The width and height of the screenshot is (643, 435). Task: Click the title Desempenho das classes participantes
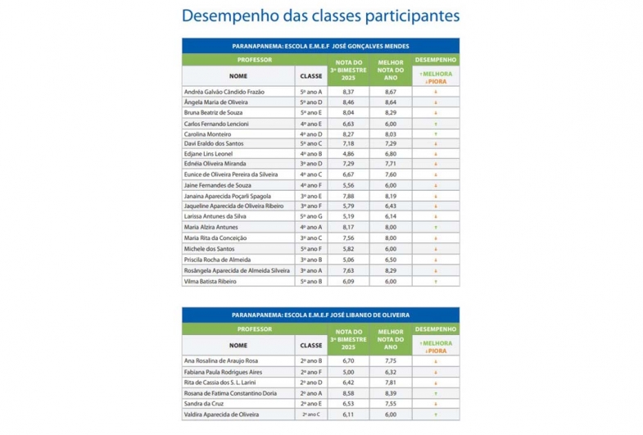(320, 16)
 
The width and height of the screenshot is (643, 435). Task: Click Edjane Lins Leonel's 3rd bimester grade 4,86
(348, 153)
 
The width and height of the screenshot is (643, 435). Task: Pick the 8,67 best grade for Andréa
(390, 92)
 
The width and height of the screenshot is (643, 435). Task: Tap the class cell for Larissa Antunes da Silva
(311, 215)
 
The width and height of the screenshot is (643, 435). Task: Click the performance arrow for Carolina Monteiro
(435, 133)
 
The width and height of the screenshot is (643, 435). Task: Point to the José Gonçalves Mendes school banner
(320, 46)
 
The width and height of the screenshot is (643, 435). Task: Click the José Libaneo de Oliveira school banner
(320, 315)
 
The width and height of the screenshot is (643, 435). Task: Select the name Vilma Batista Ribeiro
(211, 281)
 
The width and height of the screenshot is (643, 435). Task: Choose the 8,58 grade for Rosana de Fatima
(348, 393)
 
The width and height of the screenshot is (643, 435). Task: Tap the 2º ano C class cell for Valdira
(311, 415)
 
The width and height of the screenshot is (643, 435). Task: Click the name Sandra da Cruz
(205, 404)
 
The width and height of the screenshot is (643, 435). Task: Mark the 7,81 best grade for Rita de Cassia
(390, 382)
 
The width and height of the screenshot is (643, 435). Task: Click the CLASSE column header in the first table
(311, 75)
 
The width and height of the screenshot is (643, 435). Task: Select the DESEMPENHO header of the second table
(435, 329)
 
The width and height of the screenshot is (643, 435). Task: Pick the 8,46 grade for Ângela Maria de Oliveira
(348, 102)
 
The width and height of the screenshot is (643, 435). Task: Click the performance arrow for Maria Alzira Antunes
(435, 227)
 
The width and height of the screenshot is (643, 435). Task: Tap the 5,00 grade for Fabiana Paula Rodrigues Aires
(348, 371)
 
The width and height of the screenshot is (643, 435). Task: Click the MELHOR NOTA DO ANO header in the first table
(390, 70)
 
